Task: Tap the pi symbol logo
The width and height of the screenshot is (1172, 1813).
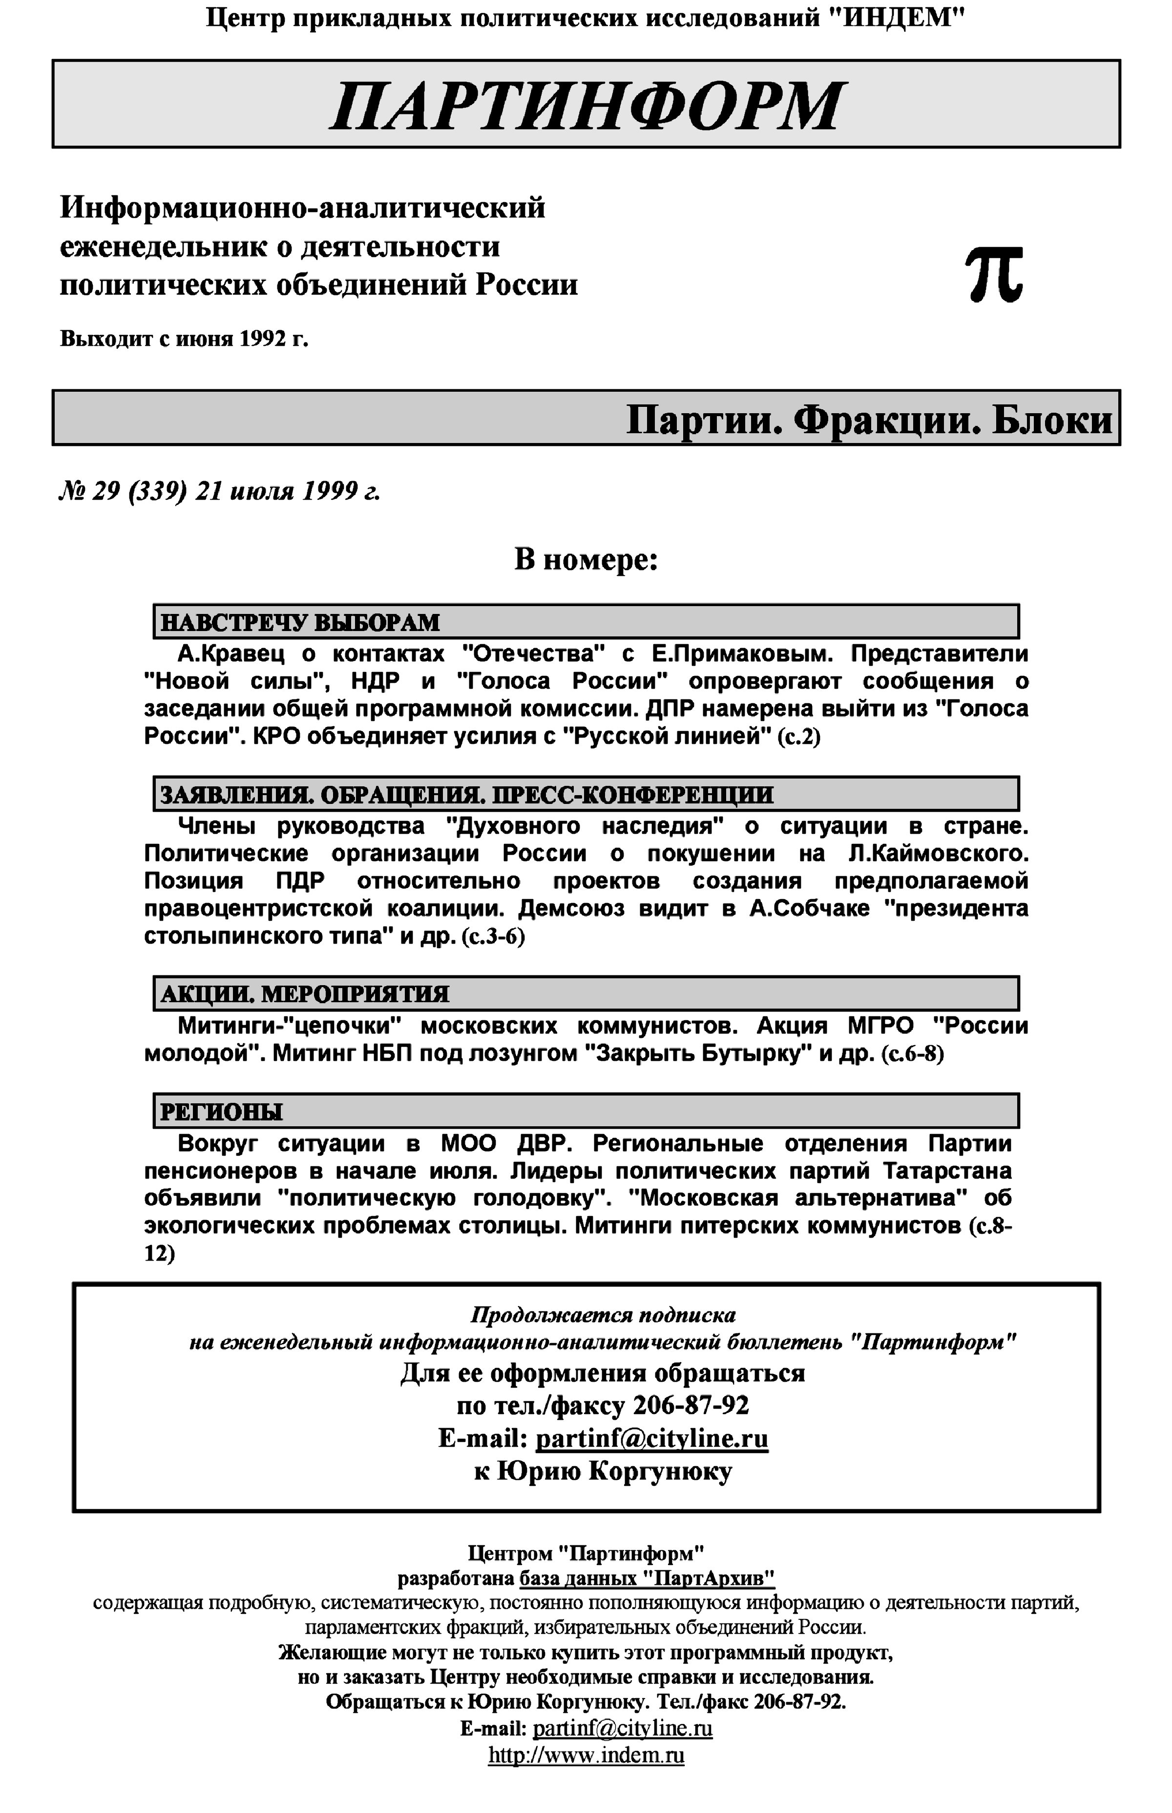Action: point(994,275)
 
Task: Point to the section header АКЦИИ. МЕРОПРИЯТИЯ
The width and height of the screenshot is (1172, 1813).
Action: point(304,994)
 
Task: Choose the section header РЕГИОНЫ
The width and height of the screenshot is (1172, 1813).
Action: point(221,1112)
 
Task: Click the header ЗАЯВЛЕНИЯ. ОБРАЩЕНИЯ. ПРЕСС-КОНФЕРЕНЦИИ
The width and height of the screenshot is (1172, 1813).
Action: point(466,795)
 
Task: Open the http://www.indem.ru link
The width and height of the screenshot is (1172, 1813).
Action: point(586,1756)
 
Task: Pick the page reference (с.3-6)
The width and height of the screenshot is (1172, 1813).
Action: point(493,936)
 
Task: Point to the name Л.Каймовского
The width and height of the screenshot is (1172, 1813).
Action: point(939,853)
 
